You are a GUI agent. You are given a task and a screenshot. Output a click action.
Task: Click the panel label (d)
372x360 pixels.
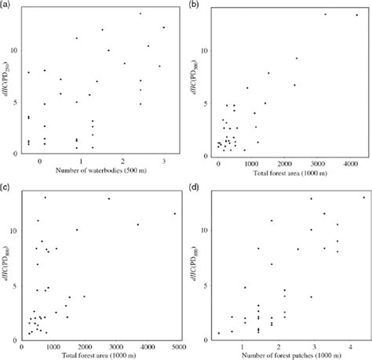click(193, 188)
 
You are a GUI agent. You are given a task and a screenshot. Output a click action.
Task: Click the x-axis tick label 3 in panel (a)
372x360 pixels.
click(164, 162)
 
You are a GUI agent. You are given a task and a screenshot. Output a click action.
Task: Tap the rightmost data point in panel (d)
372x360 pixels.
click(364, 198)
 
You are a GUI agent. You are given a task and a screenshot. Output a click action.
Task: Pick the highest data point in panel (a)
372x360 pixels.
click(140, 13)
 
